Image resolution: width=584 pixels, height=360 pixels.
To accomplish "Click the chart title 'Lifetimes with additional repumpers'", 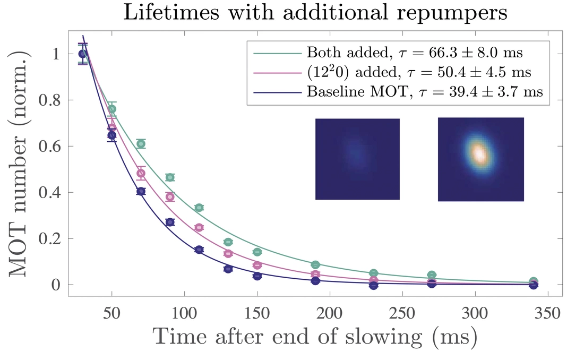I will coord(315,13).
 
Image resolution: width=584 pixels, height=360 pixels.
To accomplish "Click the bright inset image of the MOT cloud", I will coord(480,159).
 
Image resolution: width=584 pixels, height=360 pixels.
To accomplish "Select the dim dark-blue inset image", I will coord(357,159).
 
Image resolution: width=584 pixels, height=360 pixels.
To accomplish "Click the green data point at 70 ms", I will coord(141,144).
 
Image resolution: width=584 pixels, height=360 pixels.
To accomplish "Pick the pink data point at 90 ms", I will coord(170,197).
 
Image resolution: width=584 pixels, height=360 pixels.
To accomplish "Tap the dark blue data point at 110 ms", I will coord(199,250).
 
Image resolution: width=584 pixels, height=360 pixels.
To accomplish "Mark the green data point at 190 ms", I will coord(315,264).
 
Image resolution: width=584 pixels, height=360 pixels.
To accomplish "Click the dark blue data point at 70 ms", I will coord(141,192).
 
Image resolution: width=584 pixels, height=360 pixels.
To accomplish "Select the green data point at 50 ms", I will coord(112,109).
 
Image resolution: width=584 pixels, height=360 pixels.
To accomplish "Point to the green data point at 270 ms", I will coord(432,275).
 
